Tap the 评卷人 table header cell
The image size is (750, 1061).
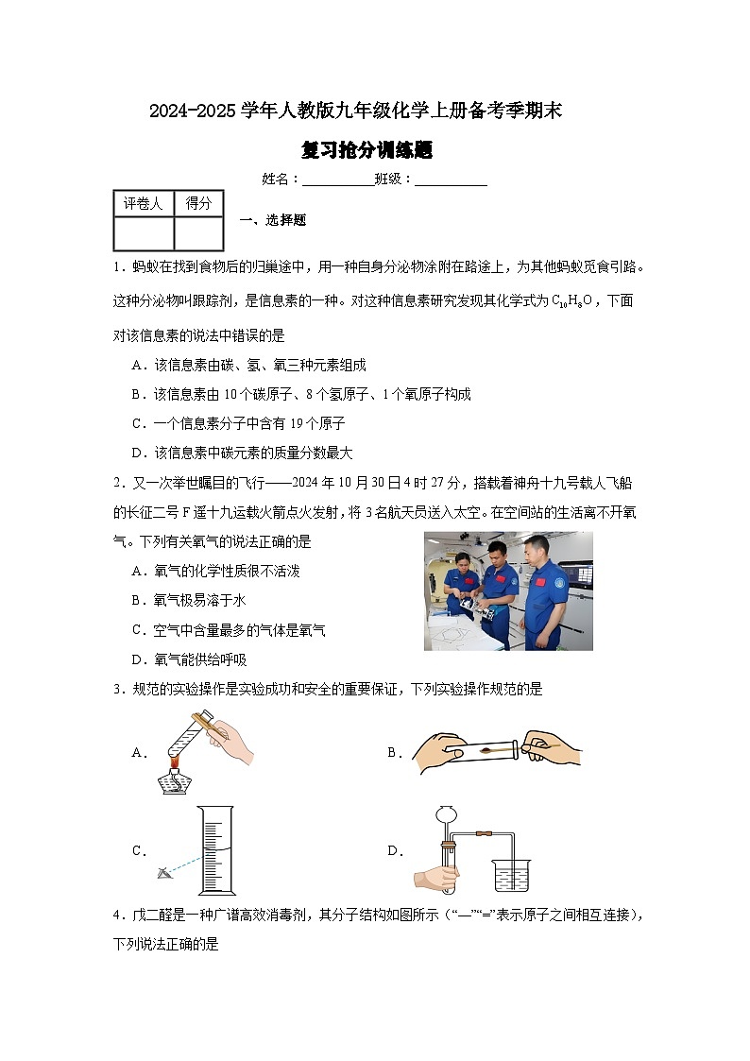tap(144, 203)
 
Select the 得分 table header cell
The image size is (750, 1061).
tap(198, 203)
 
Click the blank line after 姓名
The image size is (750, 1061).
tap(337, 180)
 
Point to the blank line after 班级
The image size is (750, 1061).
tap(451, 180)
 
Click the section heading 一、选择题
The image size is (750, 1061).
tap(272, 220)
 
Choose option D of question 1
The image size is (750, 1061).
tap(243, 453)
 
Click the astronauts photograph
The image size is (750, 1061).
tap(508, 590)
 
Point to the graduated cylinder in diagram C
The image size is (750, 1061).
tap(216, 849)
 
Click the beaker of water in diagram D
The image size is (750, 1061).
tap(510, 876)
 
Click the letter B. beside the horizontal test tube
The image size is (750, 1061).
tap(395, 753)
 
